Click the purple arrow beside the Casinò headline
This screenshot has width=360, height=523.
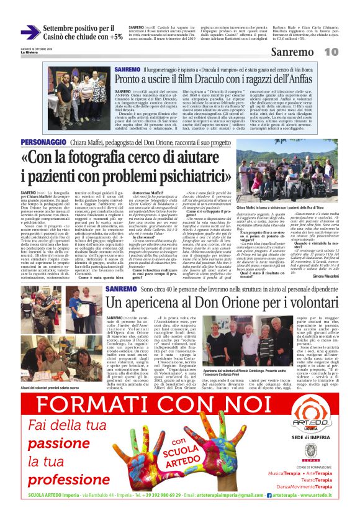tap(30, 32)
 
